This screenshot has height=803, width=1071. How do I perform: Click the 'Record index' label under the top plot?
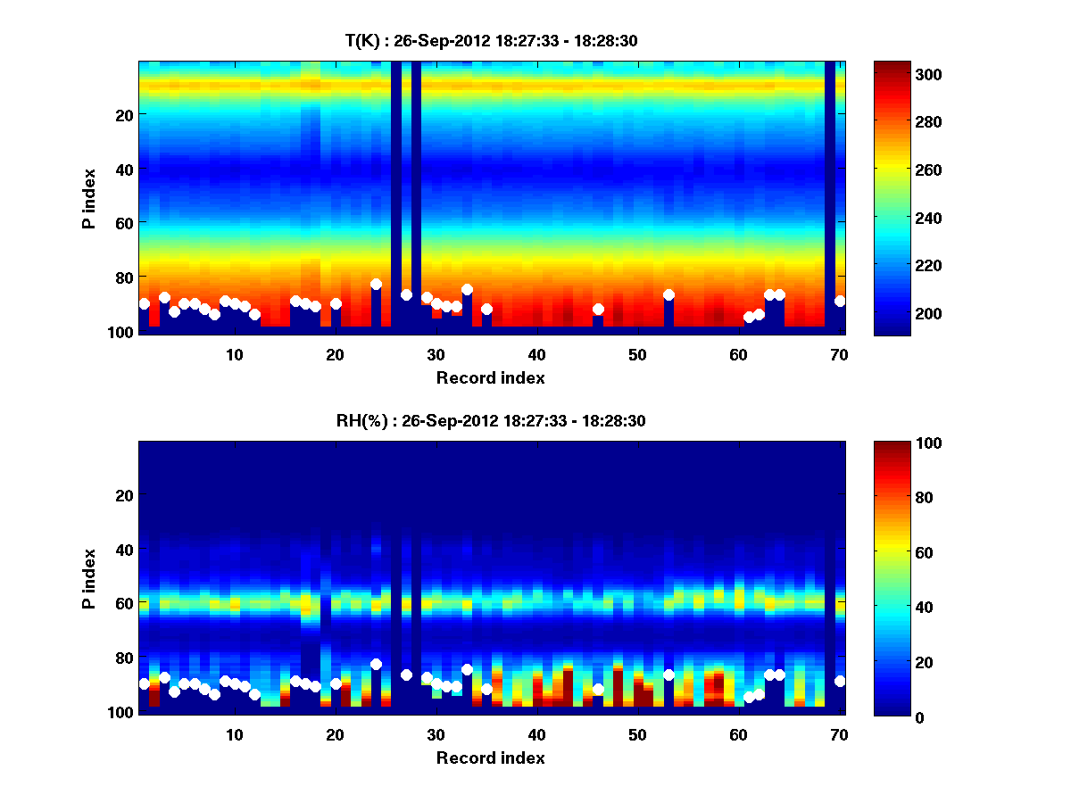[491, 378]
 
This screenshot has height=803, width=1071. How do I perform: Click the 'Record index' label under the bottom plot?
[491, 758]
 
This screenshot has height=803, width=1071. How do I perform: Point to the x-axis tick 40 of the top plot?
[536, 353]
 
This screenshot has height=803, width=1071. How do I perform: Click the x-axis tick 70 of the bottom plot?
[839, 733]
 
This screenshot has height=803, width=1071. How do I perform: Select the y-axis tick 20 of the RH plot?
[124, 495]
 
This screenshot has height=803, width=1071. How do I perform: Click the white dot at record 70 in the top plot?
[840, 302]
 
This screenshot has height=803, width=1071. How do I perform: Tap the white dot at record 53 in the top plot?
[668, 294]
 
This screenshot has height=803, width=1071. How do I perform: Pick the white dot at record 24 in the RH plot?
[376, 664]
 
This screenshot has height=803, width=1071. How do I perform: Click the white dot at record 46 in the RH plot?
[598, 689]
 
